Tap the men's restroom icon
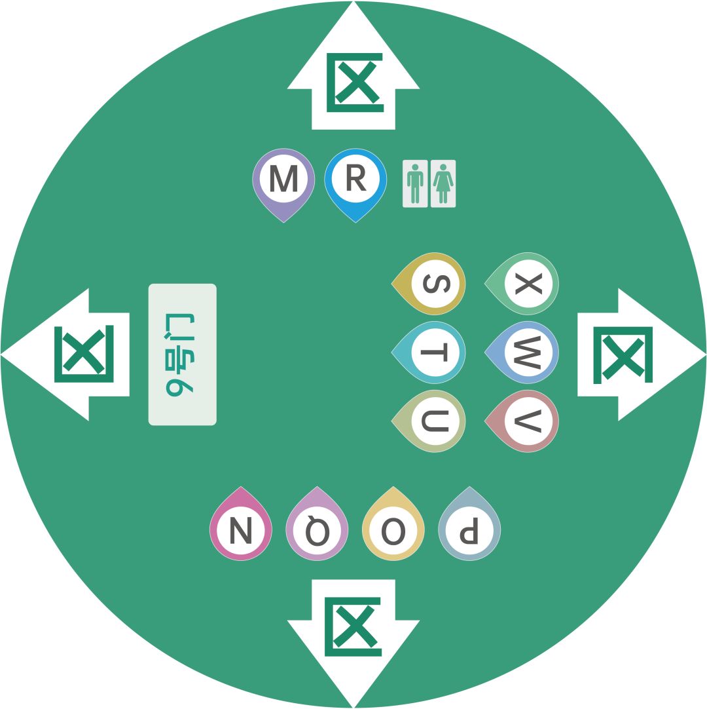(x=415, y=183)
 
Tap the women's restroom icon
(x=443, y=183)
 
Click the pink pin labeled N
(x=241, y=529)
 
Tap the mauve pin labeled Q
(x=317, y=529)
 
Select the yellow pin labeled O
(x=393, y=529)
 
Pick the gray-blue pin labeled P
(x=469, y=529)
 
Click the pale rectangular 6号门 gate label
(x=183, y=354)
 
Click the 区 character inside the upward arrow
(x=355, y=83)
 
